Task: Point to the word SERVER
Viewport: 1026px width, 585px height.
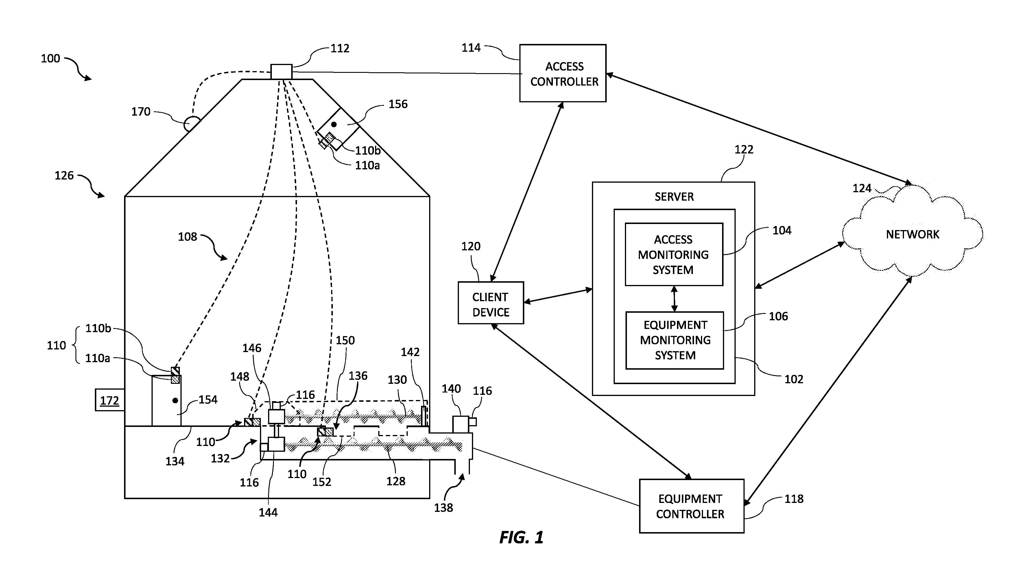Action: pyautogui.click(x=674, y=197)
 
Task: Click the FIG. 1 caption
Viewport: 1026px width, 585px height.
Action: pyautogui.click(x=521, y=537)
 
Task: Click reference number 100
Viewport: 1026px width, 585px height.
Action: pyautogui.click(x=50, y=59)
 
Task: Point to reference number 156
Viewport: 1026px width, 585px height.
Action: pyautogui.click(x=398, y=104)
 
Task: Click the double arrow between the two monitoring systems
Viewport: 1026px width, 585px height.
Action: pyautogui.click(x=674, y=299)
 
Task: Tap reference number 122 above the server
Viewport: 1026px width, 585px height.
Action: pyautogui.click(x=744, y=149)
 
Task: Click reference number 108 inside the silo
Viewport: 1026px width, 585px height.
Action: pyautogui.click(x=188, y=237)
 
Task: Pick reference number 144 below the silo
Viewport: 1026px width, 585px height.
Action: pyautogui.click(x=268, y=512)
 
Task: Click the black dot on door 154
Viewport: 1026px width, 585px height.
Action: pyautogui.click(x=175, y=401)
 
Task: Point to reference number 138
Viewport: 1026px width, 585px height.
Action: pyautogui.click(x=443, y=508)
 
